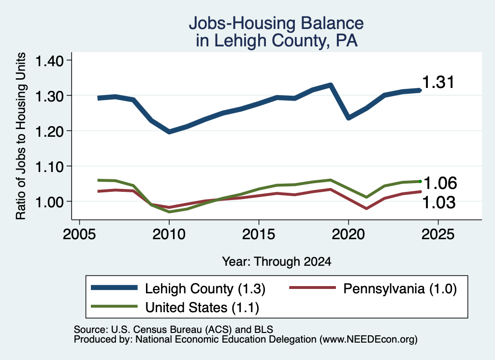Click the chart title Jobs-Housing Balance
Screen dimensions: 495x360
276,23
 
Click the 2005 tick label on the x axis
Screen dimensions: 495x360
80,234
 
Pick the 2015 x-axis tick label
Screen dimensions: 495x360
259,234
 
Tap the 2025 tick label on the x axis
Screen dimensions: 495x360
438,234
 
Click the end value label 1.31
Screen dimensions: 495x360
438,82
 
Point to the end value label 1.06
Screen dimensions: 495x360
440,183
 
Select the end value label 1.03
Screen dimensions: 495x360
439,202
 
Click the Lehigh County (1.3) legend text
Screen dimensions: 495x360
205,288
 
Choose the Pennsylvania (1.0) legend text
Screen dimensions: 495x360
400,288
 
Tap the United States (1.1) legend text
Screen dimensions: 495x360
202,307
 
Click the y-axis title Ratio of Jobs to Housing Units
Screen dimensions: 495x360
21,136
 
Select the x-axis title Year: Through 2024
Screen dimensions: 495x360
277,261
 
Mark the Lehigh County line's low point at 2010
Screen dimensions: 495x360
169,131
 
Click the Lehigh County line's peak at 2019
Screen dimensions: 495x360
331,85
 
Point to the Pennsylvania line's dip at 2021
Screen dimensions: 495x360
366,209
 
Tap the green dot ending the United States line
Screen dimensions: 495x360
420,181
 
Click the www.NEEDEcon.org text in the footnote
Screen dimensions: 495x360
368,339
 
